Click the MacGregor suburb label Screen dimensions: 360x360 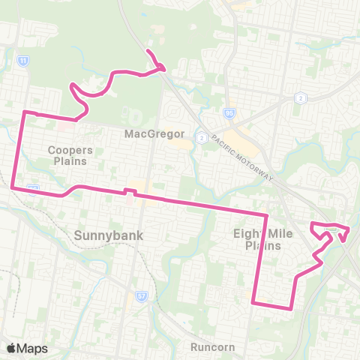(154, 134)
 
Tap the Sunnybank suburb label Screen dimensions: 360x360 (108, 235)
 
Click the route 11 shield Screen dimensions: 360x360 (25, 60)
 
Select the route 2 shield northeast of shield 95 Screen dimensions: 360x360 (300, 97)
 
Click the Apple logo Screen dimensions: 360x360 (11, 348)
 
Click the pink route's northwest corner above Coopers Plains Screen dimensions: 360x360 (25, 112)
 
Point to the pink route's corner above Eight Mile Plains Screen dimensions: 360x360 (267, 215)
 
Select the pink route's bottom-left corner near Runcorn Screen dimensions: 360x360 (254, 303)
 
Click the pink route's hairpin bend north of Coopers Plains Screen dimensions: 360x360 (72, 88)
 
